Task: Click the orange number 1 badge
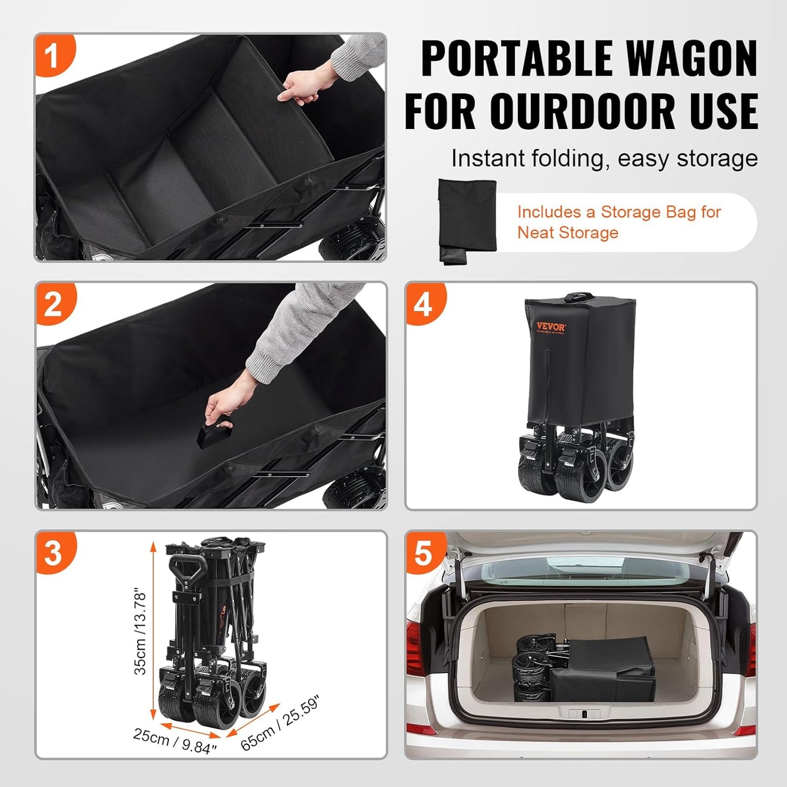click(52, 56)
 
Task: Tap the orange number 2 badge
click(53, 304)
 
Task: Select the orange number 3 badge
click(53, 553)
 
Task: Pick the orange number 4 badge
click(424, 304)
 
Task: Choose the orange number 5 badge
click(424, 553)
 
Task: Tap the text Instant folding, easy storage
click(604, 158)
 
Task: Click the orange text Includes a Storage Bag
click(619, 212)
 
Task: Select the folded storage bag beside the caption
click(467, 221)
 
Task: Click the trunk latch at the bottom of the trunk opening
click(583, 714)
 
